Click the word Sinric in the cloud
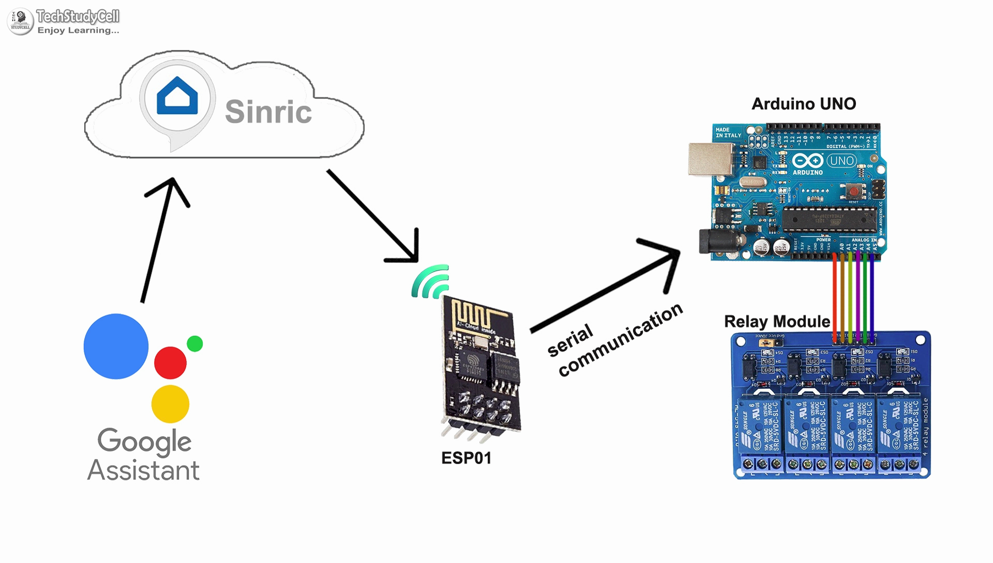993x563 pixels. pos(268,112)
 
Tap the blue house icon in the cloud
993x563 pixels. pos(177,96)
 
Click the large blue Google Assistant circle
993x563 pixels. pos(116,346)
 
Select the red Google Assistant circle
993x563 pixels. pos(170,363)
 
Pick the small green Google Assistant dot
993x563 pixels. pos(195,344)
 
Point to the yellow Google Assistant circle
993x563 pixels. pos(170,404)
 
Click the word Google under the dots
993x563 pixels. pos(144,441)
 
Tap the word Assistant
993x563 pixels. pos(143,471)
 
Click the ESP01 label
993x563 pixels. pos(466,458)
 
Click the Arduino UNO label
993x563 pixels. pos(804,104)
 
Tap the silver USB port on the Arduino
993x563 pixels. pos(710,159)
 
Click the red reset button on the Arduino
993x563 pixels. pos(853,191)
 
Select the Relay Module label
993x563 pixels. pos(777,322)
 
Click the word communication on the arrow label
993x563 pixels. pos(621,341)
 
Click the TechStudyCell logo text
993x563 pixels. pos(78,17)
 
